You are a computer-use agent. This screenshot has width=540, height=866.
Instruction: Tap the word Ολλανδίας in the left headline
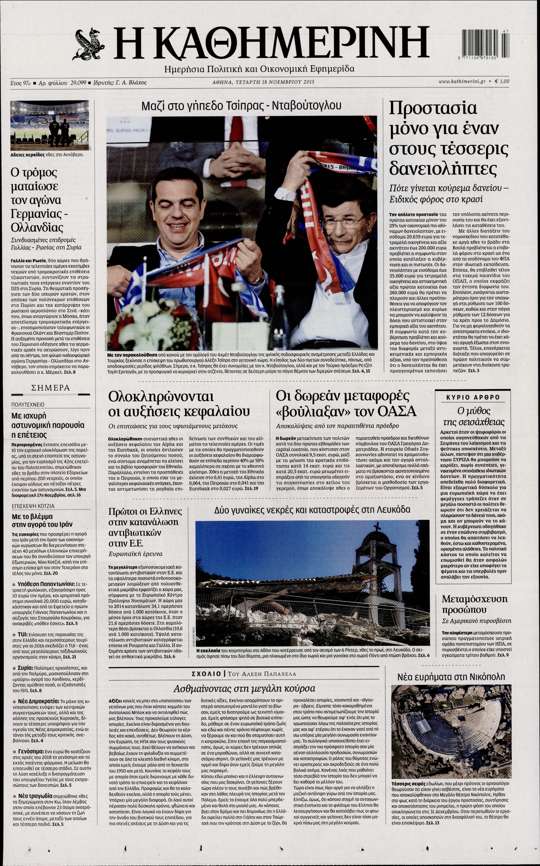coord(37,227)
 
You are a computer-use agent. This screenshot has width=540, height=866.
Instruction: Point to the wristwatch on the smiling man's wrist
coord(259,280)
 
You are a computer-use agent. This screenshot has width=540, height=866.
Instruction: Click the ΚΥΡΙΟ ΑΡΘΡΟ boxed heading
coord(473,397)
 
